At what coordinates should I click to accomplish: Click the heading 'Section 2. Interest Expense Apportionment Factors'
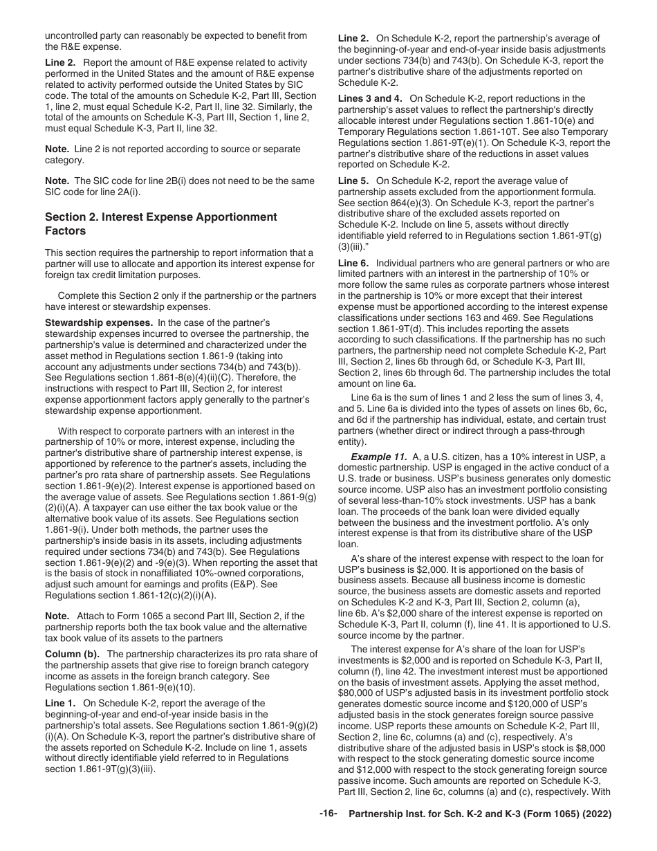[160, 223]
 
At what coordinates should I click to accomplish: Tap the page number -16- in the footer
[328, 834]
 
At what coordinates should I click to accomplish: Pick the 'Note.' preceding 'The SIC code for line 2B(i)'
[57, 182]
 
